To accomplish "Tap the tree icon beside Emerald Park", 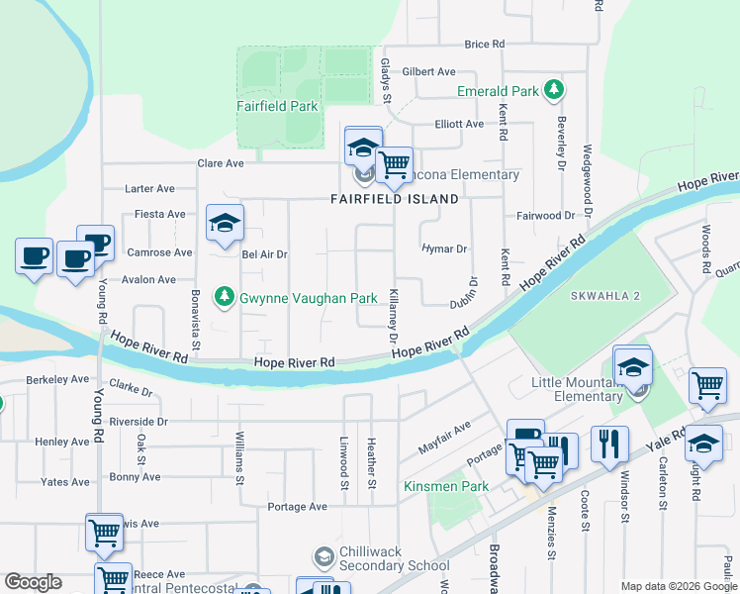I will click(554, 91).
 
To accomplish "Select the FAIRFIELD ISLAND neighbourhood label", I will click(394, 199).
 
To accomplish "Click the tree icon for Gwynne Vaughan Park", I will click(226, 297).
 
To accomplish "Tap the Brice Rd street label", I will click(484, 45).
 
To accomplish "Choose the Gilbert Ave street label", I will click(428, 71).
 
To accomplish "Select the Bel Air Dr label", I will click(264, 254).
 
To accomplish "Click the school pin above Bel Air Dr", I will click(225, 223).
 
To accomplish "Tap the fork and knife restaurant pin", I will click(610, 443).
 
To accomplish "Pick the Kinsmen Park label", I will click(433, 486).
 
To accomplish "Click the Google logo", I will click(33, 582).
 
